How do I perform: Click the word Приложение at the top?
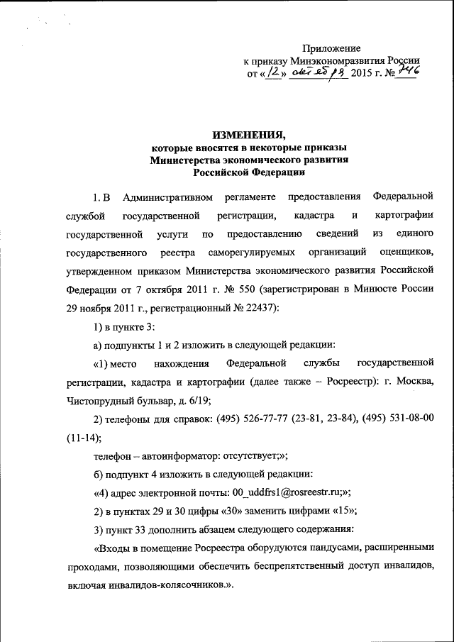point(332,48)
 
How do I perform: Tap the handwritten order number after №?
point(405,72)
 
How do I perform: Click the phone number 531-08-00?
point(408,419)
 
